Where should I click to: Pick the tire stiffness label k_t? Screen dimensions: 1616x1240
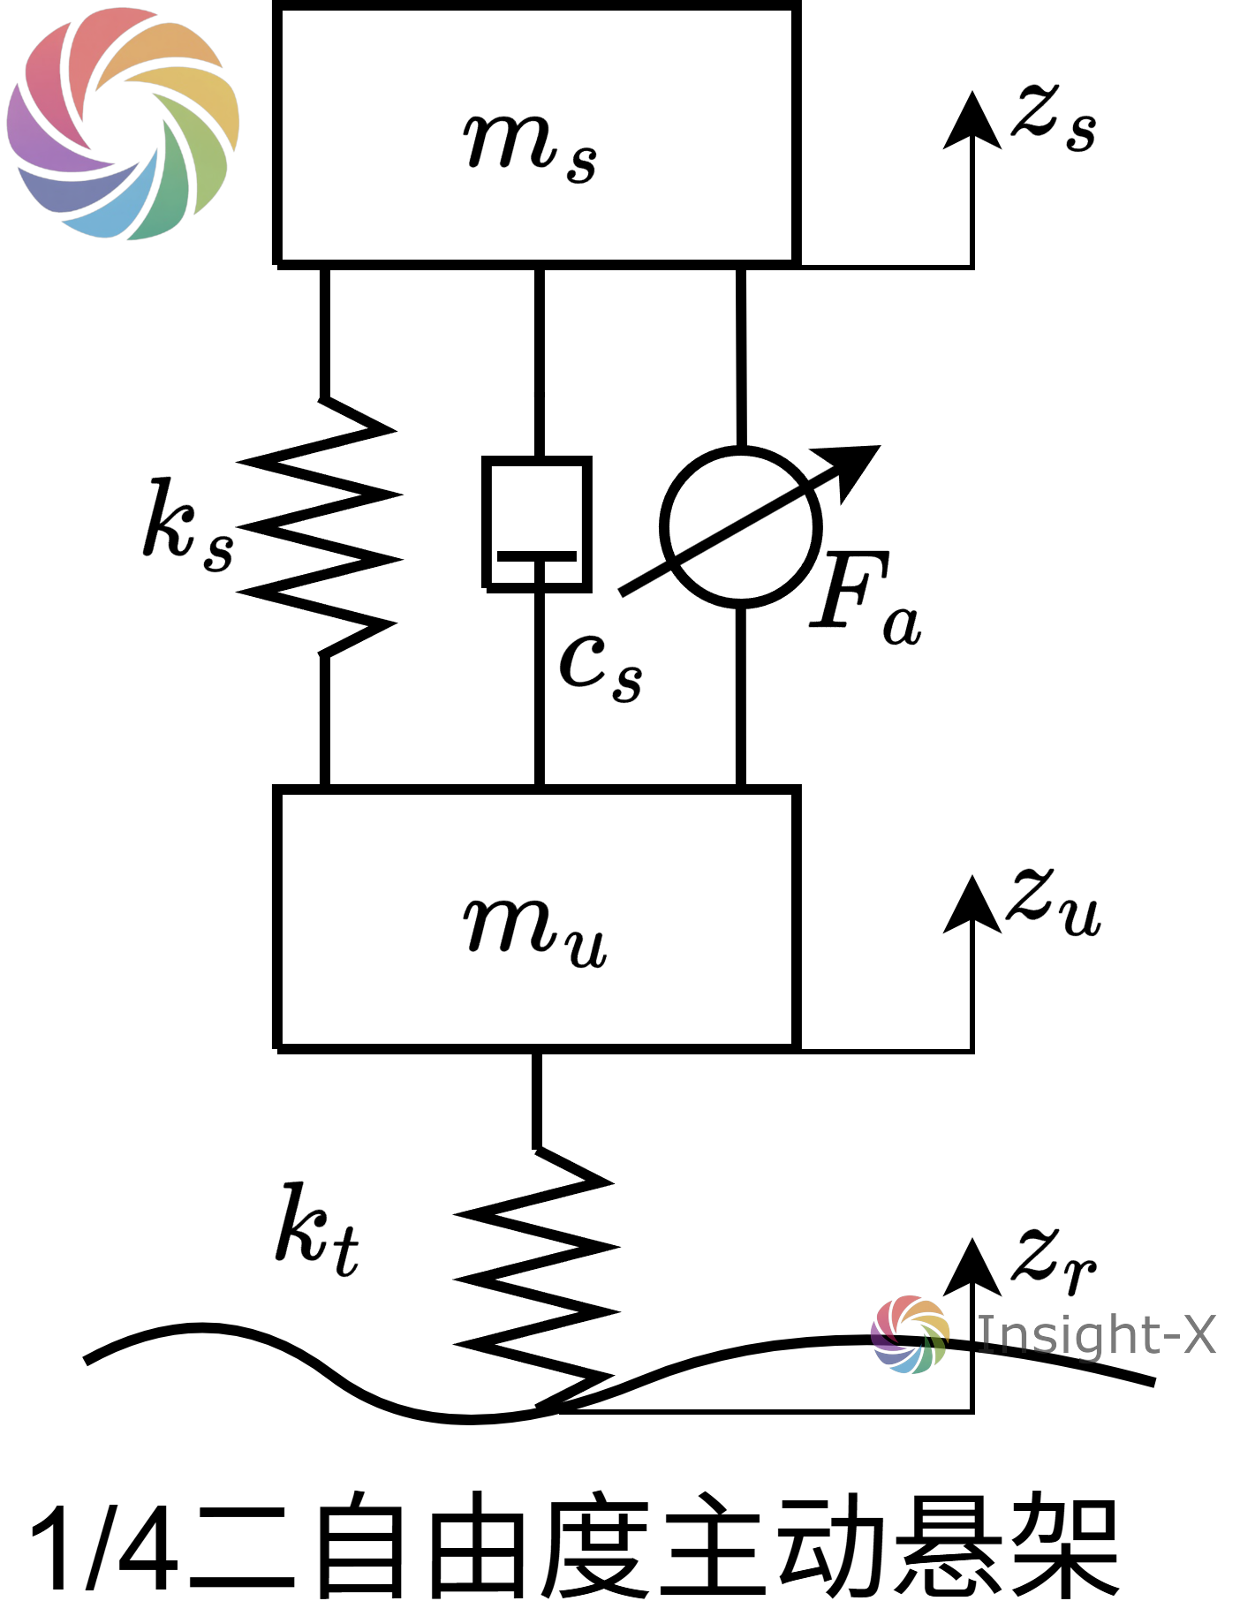[317, 1230]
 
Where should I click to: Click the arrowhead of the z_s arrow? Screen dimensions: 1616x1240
[972, 119]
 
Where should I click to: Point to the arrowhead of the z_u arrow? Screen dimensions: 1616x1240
[972, 904]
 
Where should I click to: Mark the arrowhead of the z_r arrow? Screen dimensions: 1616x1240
[972, 1266]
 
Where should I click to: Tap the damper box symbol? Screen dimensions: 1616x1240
[536, 524]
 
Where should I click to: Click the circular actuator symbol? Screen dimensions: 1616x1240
[741, 527]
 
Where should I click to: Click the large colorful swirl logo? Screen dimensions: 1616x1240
[123, 123]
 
